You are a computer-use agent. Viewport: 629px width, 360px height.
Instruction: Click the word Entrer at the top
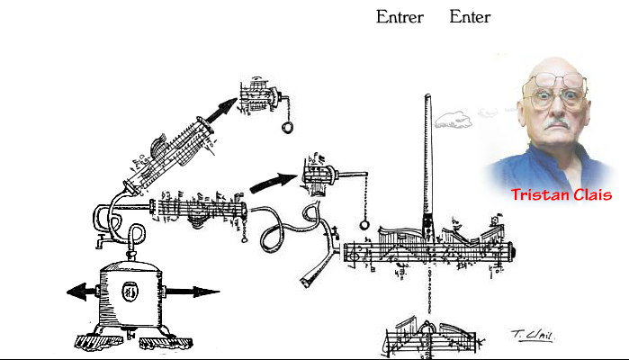pos(400,17)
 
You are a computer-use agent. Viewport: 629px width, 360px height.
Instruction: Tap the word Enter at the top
pos(470,17)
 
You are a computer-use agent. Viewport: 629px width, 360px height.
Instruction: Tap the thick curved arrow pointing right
pos(273,181)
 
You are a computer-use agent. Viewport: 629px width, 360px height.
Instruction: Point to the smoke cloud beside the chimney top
pos(454,118)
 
